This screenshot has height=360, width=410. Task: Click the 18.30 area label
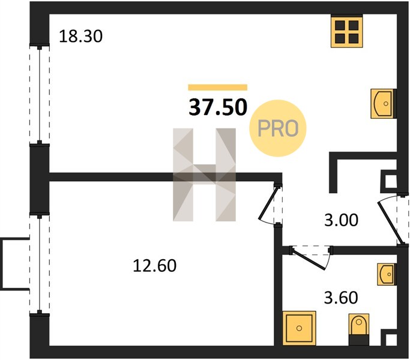pos(80,36)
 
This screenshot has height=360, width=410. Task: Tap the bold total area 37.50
pos(218,107)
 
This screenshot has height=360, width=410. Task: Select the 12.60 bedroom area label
pos(154,266)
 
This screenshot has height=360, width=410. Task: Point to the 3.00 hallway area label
pos(341,220)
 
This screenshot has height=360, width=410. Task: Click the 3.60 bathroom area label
pos(341,298)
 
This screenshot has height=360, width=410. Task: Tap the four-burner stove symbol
pos(347,31)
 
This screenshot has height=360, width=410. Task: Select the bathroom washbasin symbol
pos(387,274)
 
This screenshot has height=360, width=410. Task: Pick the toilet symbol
pos(359,329)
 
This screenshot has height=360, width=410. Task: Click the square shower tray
pos(300,328)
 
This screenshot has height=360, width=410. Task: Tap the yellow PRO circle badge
pos(278,128)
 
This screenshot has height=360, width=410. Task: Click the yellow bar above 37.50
pos(217,88)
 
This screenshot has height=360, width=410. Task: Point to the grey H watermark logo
pos(204,175)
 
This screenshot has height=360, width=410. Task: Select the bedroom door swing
pos(267,203)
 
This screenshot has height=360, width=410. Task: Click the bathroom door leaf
pos(309,260)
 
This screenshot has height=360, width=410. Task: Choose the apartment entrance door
pos(389,223)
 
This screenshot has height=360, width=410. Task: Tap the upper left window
pos(40,95)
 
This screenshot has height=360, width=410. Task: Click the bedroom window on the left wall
pos(40,264)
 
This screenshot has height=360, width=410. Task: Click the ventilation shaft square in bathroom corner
pos(390,339)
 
